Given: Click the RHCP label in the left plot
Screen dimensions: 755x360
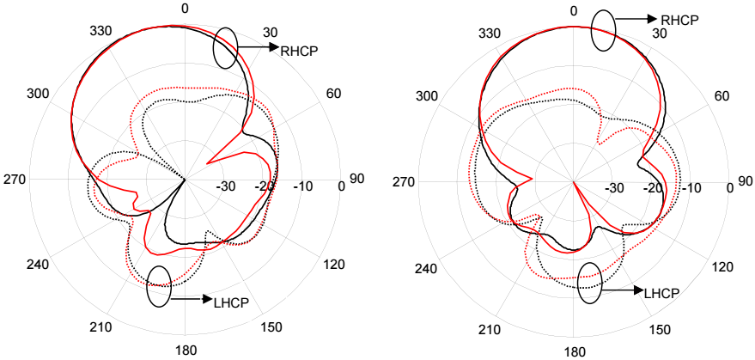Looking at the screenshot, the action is tap(299, 50).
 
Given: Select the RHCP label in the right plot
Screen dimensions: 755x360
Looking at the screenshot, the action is tap(679, 21).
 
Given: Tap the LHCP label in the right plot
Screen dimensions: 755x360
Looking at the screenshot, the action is tap(661, 291).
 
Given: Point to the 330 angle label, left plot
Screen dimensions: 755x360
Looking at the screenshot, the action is tap(100, 31).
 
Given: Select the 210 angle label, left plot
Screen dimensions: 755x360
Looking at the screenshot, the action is tap(100, 326).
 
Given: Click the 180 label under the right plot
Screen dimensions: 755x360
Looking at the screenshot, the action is tap(575, 352).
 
